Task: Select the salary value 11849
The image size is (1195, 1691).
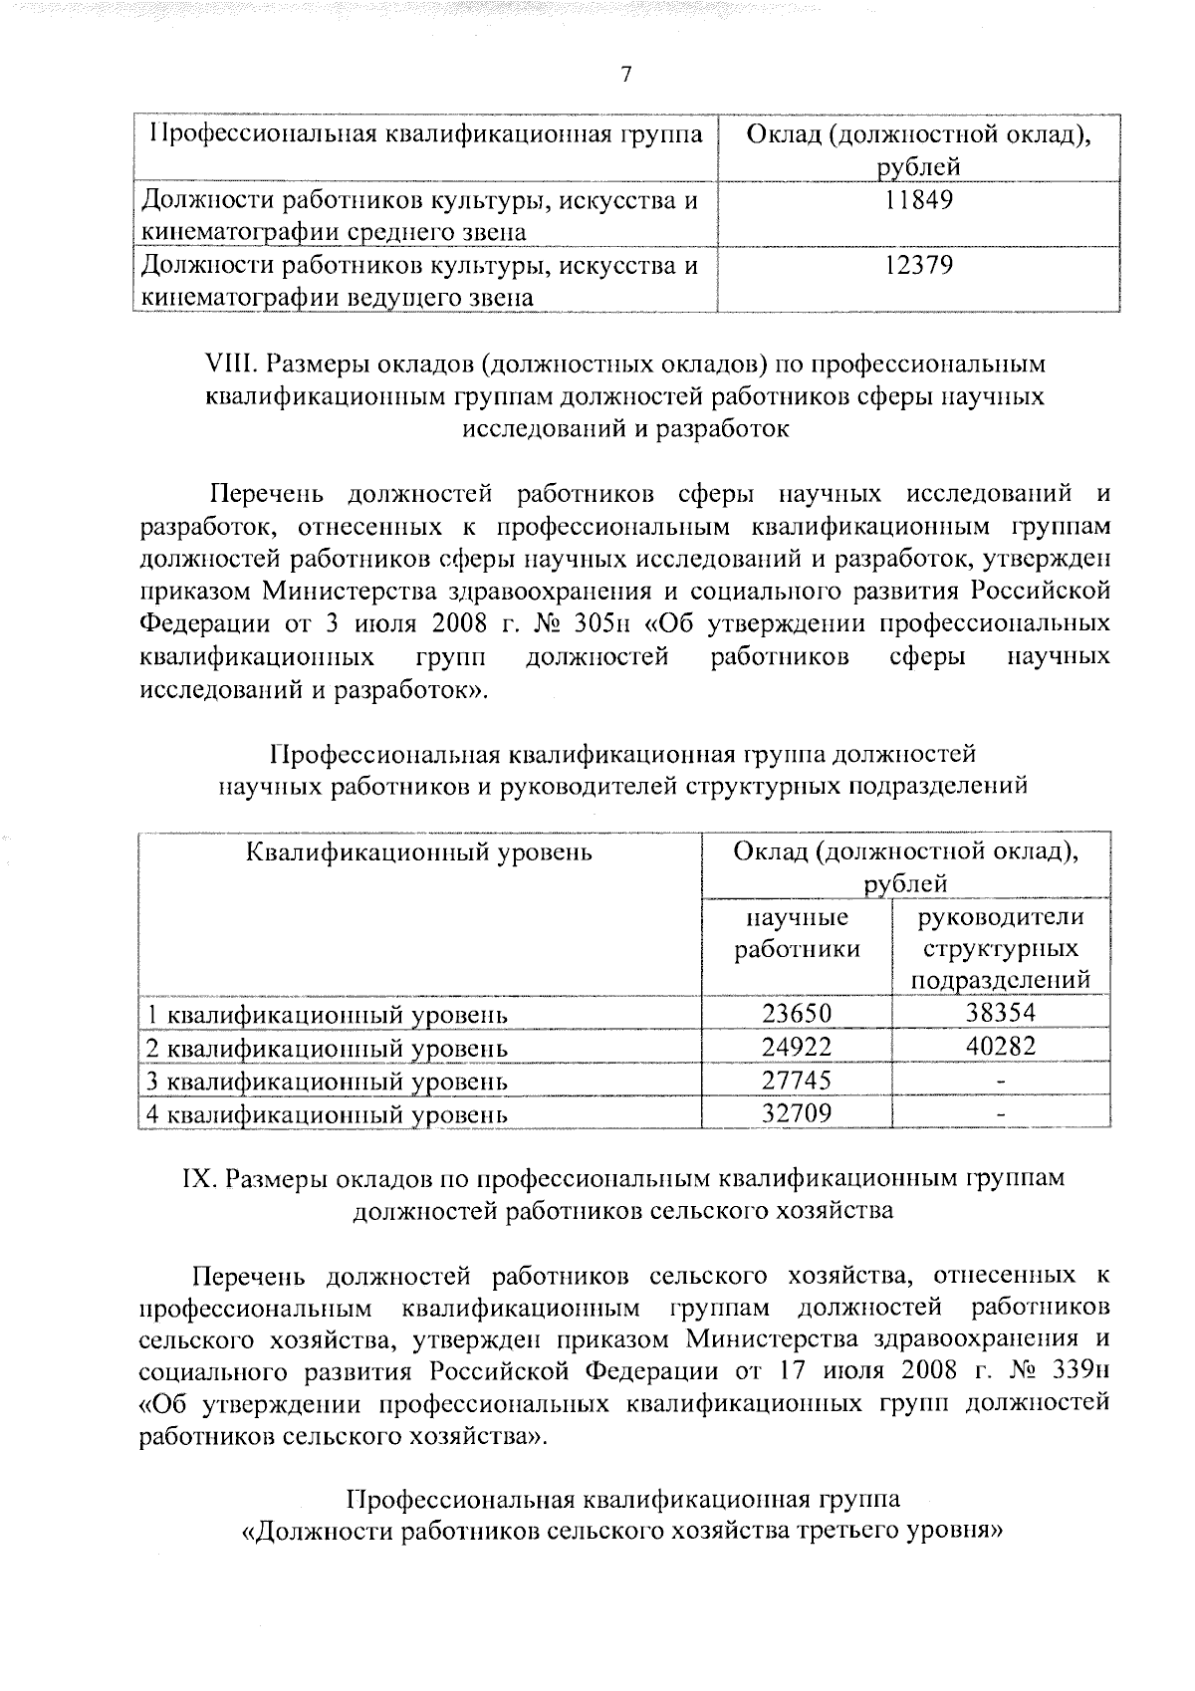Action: tap(919, 200)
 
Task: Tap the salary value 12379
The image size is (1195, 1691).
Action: tap(919, 265)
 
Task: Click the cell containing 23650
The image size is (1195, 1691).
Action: tap(796, 1013)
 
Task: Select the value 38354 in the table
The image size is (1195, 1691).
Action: tap(1001, 1013)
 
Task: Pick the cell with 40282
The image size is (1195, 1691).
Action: tap(1001, 1046)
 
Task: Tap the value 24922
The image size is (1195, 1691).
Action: tap(796, 1046)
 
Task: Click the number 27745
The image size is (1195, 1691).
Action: tap(796, 1080)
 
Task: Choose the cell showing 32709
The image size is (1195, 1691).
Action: tap(796, 1112)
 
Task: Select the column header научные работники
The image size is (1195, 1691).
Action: tap(797, 933)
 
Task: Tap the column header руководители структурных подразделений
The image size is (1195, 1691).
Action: tap(1001, 948)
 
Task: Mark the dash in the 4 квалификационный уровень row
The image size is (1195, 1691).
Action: tap(1002, 1113)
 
